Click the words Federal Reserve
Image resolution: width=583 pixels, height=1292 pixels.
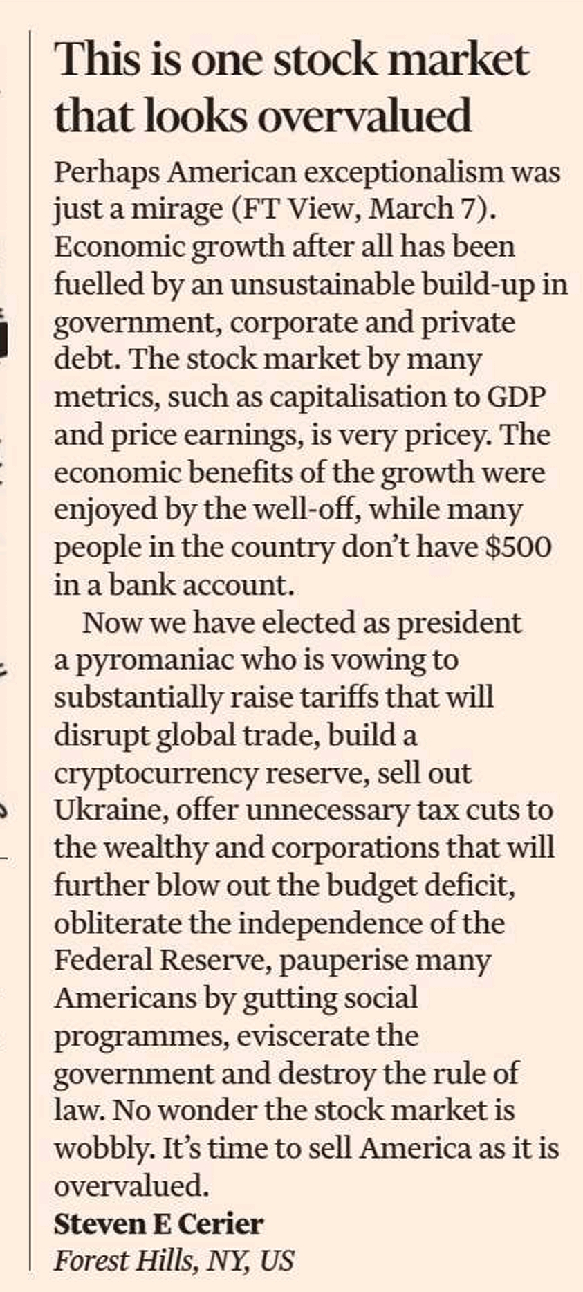coord(162,960)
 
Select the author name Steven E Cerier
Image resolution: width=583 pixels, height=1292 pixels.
coord(158,1224)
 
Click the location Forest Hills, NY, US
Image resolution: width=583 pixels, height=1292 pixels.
coord(174,1260)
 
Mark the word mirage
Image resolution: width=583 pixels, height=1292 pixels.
coord(178,209)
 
